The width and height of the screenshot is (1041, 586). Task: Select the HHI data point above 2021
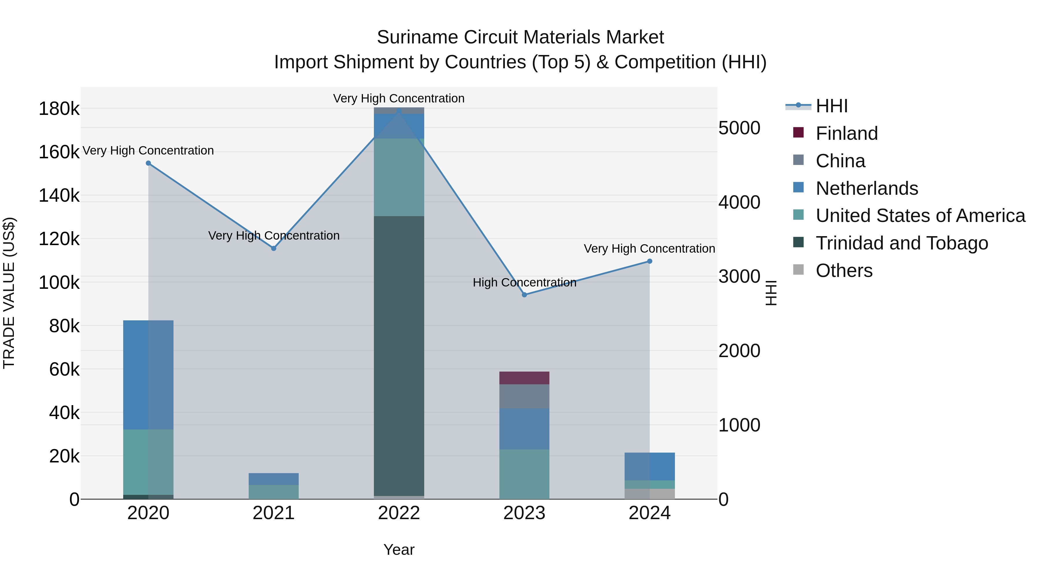pos(274,248)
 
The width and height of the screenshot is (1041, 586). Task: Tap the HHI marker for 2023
pos(524,295)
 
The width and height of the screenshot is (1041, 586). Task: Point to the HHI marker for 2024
pos(649,261)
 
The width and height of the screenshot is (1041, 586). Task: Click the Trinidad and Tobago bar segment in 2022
pos(399,356)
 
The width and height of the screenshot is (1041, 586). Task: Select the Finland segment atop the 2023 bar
pos(524,378)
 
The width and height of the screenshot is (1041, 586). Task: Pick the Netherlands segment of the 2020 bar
pos(148,374)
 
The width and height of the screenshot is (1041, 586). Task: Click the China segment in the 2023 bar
pos(524,396)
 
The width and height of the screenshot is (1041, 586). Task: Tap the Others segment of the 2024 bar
pos(649,494)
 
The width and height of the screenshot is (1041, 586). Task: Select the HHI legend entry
pos(831,106)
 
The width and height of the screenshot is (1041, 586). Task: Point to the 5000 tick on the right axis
pos(739,128)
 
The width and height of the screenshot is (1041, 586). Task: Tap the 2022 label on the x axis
pos(399,513)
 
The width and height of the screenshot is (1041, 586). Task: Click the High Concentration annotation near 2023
pos(524,282)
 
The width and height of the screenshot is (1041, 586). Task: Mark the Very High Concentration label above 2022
pos(399,98)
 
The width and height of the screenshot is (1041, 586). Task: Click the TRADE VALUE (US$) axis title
pos(9,293)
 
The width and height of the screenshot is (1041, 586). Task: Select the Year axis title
pos(399,550)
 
